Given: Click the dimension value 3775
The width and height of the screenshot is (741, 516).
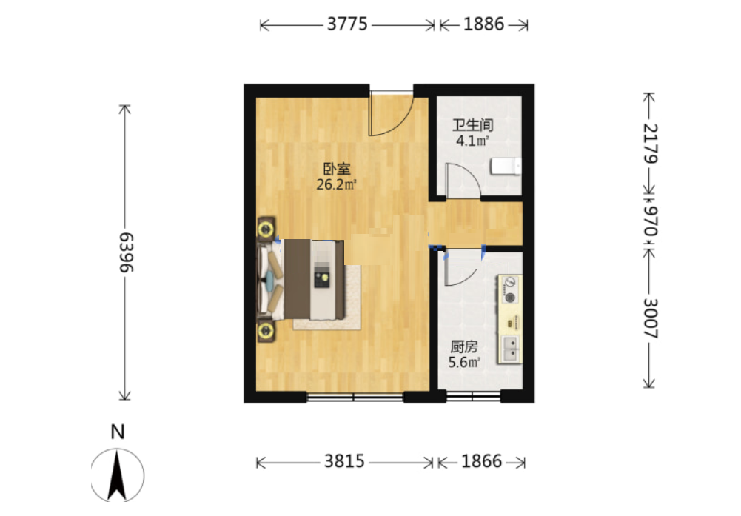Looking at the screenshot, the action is tap(347, 24).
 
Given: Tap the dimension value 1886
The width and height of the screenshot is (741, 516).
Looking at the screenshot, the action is tap(483, 24).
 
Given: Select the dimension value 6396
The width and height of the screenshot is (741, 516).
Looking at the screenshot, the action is tap(126, 252).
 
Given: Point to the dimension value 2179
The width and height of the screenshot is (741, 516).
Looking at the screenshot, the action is tap(650, 144).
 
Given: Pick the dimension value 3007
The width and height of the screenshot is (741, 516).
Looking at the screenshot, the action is tap(650, 318).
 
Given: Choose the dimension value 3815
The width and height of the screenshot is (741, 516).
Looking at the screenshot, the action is tap(344, 460).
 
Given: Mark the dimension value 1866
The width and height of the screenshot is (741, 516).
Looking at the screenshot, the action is tap(482, 460).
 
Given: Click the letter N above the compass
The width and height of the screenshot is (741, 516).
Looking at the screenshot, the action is tap(118, 432).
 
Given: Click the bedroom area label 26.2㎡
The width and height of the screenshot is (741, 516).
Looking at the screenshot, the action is tap(336, 184).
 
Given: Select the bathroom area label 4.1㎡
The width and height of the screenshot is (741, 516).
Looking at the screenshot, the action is tap(472, 141).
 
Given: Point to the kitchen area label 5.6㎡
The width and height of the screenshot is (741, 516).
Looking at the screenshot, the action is tap(464, 363).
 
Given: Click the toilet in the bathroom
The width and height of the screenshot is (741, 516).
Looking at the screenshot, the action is tap(506, 167).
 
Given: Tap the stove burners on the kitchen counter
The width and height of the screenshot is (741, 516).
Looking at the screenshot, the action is tap(509, 290).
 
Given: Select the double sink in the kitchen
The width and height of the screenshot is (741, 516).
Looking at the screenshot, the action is tap(510, 349).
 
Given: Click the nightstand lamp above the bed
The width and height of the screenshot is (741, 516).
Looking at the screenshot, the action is tap(266, 229).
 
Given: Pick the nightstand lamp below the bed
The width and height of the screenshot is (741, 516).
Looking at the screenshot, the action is tap(266, 331).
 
